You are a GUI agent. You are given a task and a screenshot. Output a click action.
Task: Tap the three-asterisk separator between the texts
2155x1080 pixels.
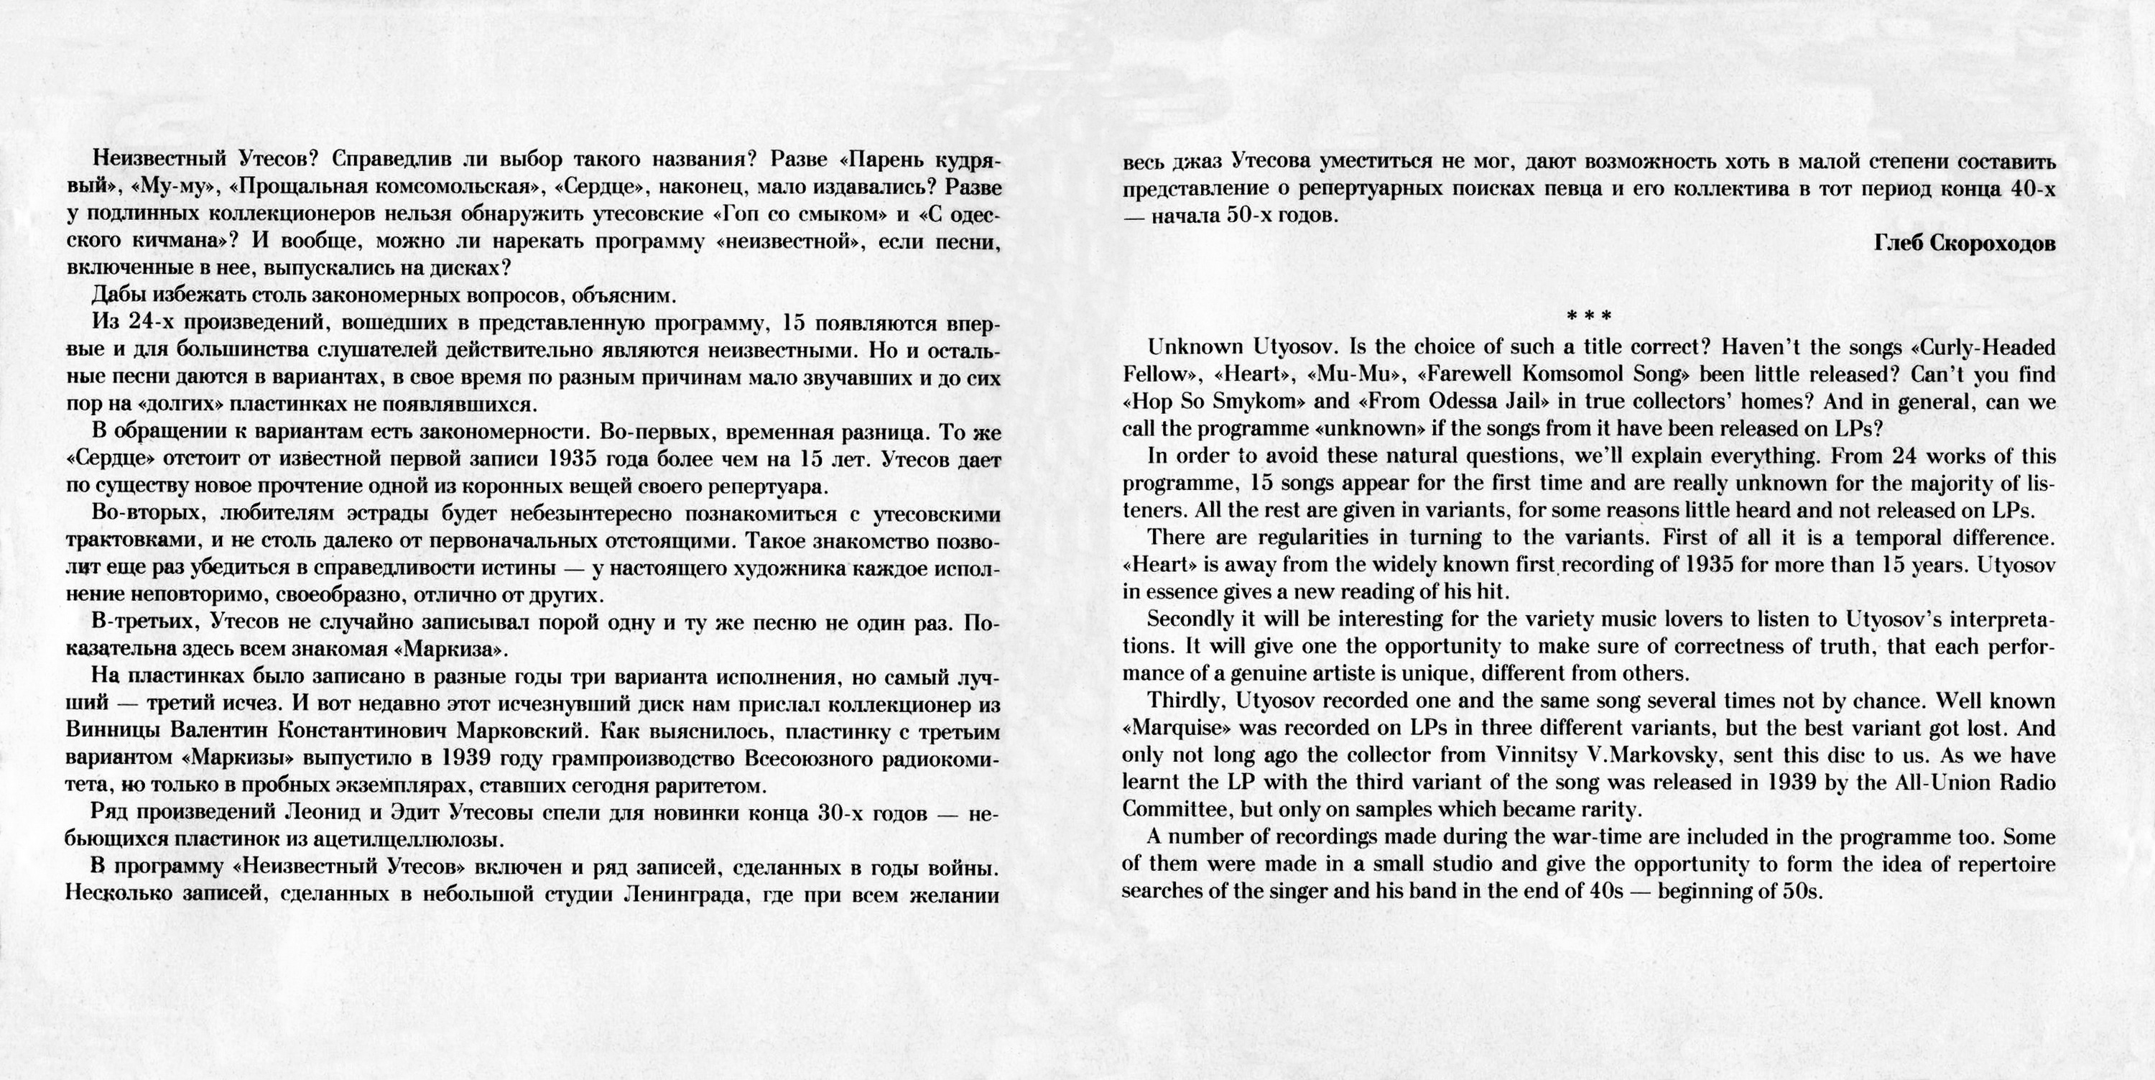1588,316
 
